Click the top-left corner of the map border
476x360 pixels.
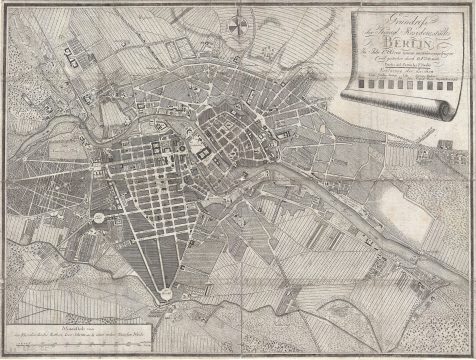pyautogui.click(x=4, y=4)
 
